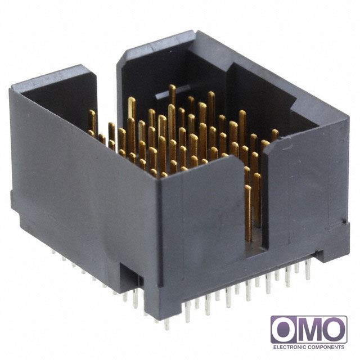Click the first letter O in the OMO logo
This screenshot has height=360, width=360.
[x=284, y=330]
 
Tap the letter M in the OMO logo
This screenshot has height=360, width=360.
[x=309, y=330]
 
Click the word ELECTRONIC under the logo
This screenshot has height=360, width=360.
[x=289, y=347]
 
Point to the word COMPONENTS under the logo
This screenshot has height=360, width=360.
[x=326, y=347]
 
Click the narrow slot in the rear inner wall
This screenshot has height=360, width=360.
[x=173, y=92]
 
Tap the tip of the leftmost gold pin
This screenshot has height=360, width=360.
[x=92, y=111]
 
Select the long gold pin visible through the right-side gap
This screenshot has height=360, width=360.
[x=248, y=213]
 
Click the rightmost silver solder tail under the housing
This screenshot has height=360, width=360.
[x=308, y=270]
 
